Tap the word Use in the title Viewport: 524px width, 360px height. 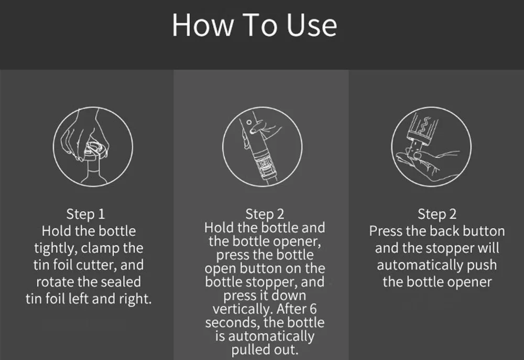point(311,25)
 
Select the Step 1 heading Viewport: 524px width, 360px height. point(85,214)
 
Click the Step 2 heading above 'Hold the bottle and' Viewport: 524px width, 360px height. point(265,214)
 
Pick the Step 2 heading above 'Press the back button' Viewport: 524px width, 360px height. point(437,214)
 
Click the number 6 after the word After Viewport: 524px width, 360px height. point(313,309)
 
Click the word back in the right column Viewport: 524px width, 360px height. point(444,231)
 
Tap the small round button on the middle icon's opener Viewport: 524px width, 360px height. point(249,122)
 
